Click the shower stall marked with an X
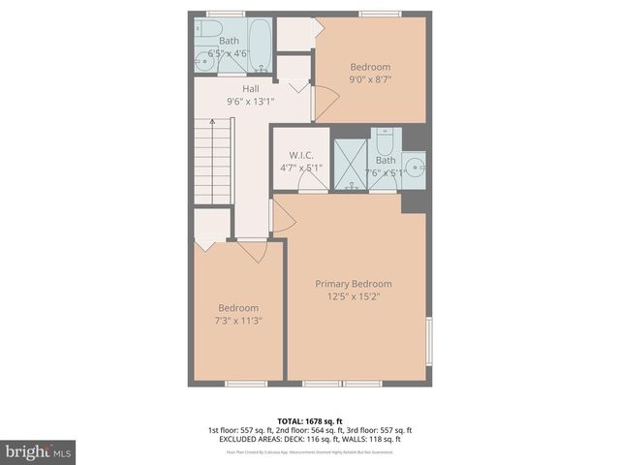tap(350, 164)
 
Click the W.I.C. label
tap(299, 156)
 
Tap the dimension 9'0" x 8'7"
tap(370, 79)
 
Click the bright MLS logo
tap(39, 451)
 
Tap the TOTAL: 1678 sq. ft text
tap(309, 420)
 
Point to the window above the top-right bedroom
tap(374, 14)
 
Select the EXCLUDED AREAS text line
tap(309, 438)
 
